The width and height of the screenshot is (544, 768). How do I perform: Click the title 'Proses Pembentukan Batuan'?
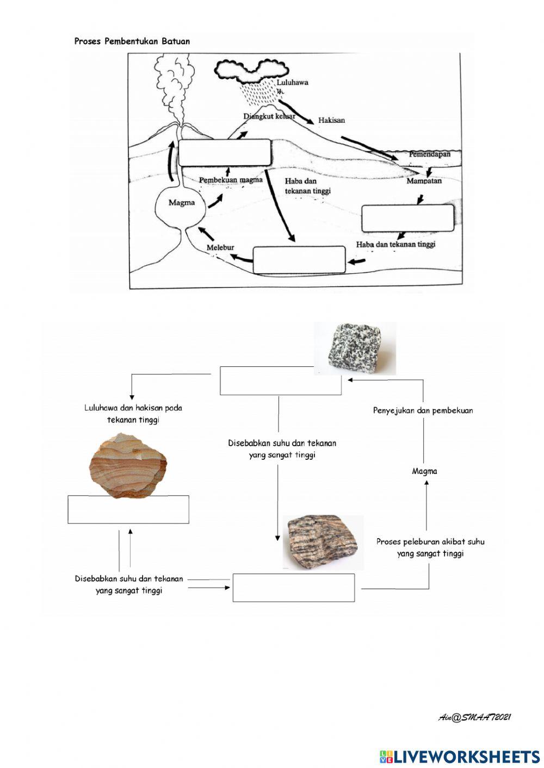coord(132,41)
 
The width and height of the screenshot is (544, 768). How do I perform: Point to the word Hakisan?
coord(331,120)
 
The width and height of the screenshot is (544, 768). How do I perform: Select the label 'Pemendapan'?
coord(430,154)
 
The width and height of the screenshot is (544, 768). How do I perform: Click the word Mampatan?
coord(424,181)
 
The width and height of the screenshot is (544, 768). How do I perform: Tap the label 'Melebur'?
coord(220,248)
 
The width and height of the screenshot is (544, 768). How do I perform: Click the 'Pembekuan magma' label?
coord(231,180)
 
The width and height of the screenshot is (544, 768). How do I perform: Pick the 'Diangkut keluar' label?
coord(269,116)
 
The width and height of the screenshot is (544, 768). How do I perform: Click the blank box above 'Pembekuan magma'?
coord(225,153)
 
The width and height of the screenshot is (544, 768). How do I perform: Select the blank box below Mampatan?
coord(407,218)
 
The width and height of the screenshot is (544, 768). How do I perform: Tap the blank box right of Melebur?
coord(299,260)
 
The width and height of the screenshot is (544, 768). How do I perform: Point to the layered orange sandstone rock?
coord(128,466)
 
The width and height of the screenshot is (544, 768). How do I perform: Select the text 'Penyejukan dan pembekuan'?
coord(423,411)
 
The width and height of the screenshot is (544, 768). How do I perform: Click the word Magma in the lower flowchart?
coord(424,471)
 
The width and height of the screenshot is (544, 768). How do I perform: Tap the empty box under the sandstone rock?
coord(128,510)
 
